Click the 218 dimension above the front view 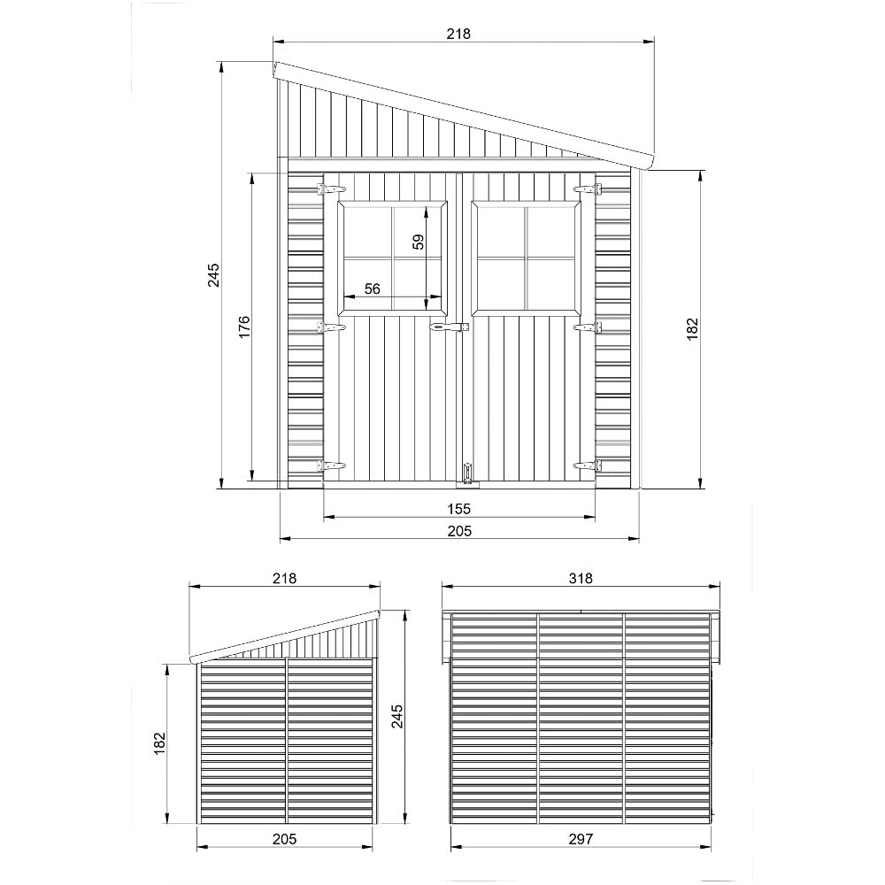pos(458,34)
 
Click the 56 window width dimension pos(372,289)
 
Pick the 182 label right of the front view pos(693,328)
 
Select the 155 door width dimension pos(458,509)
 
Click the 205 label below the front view pos(458,530)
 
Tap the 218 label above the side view pos(284,578)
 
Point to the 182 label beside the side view pos(160,743)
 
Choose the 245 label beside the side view pos(397,716)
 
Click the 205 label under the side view pos(284,839)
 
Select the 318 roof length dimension pos(581,578)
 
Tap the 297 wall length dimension pos(581,839)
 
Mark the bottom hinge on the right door pos(587,465)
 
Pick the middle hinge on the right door pos(587,327)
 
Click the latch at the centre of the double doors pos(447,328)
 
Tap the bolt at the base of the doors pos(466,472)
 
